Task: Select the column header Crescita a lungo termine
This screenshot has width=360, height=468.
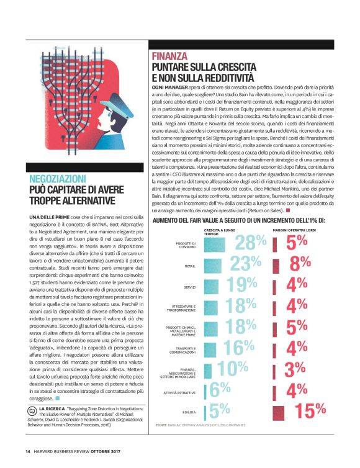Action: tap(221, 232)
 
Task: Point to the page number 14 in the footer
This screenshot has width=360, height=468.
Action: tap(29, 451)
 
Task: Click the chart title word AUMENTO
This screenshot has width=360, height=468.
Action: tap(167, 220)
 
